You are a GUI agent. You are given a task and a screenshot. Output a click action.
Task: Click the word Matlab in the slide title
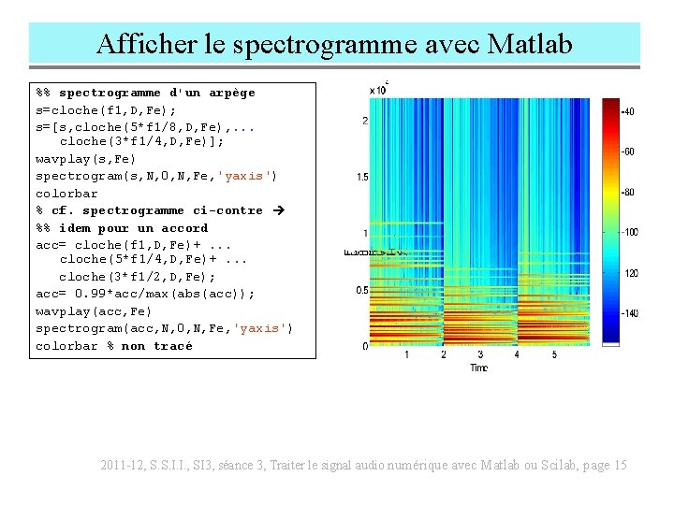coord(529,44)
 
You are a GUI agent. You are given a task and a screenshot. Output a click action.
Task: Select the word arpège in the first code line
coord(232,93)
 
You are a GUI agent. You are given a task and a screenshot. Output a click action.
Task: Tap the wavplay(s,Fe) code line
coord(86,159)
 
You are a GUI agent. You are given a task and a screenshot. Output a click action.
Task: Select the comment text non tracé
coord(157,346)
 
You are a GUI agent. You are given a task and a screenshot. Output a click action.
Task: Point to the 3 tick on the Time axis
coord(480,355)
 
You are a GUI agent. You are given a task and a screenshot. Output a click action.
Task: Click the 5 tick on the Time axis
coord(554,355)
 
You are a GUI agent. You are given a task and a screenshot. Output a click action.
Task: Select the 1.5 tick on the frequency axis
coord(361,177)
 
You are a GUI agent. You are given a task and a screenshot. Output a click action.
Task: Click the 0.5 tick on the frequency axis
coord(361,290)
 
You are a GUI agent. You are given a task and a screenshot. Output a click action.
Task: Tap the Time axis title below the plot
coord(478,368)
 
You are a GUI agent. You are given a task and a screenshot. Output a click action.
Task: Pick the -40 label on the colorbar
coord(628,111)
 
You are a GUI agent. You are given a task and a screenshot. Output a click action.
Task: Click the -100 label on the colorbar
coord(630,232)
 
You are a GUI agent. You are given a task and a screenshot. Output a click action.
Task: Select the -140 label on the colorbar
coord(630,313)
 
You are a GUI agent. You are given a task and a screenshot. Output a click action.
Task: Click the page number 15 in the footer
coord(619,466)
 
